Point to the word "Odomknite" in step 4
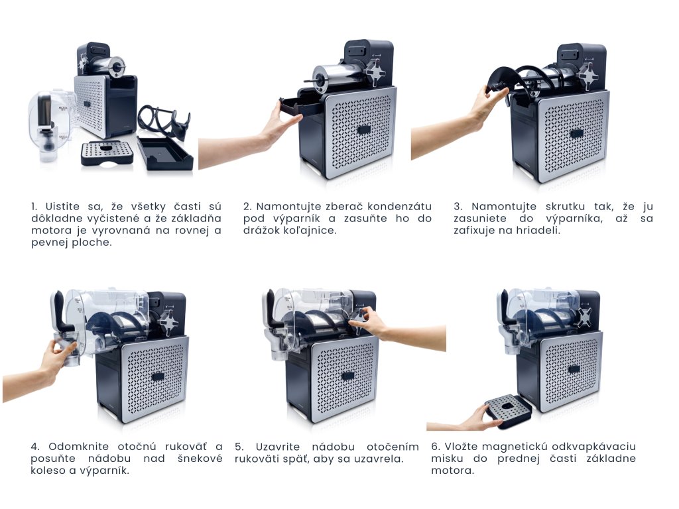click(x=77, y=446)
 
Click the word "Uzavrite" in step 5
click(x=278, y=446)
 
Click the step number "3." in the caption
click(x=458, y=207)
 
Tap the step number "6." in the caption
click(x=436, y=446)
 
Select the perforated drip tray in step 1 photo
click(x=107, y=153)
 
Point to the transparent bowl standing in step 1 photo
click(x=50, y=125)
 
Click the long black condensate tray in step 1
click(x=165, y=153)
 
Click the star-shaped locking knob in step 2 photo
click(x=375, y=74)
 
